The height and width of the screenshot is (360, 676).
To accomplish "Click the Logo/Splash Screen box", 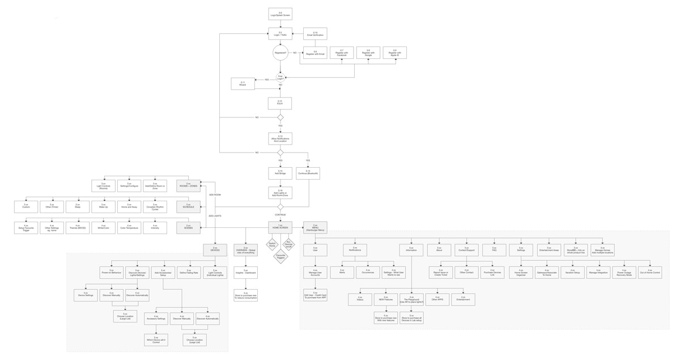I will coord(280,14).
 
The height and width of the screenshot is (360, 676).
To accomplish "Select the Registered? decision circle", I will coord(280,53).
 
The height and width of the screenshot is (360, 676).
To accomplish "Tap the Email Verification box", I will coord(315,34).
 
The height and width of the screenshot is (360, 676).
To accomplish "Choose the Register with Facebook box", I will coord(342,53).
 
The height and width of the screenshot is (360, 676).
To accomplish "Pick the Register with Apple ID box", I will coord(394,53).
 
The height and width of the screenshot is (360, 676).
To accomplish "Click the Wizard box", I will coord(243,83).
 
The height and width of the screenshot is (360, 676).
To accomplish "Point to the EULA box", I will coord(280,103).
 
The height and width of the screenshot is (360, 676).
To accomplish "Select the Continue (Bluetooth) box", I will coord(308,173).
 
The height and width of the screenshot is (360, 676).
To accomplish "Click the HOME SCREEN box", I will coord(280,227).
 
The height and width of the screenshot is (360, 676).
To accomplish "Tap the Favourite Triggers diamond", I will coord(280,256).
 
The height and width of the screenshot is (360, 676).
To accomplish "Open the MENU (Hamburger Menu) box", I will coord(315,227).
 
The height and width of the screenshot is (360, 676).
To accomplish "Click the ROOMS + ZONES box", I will coord(188,185).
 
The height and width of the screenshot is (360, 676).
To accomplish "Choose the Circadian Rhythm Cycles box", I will coord(155,207).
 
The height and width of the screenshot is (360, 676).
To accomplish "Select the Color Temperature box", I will coord(129,228).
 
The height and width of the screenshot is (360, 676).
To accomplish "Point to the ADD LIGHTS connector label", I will coord(215,216).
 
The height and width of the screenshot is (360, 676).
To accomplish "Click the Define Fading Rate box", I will coord(189,273).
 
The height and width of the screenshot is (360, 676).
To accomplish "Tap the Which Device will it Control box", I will coord(156,340).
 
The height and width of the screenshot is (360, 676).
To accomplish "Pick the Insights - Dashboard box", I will coord(245,273).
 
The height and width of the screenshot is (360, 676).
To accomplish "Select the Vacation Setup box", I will coord(572,273).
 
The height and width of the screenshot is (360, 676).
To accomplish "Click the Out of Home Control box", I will coord(649,273).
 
